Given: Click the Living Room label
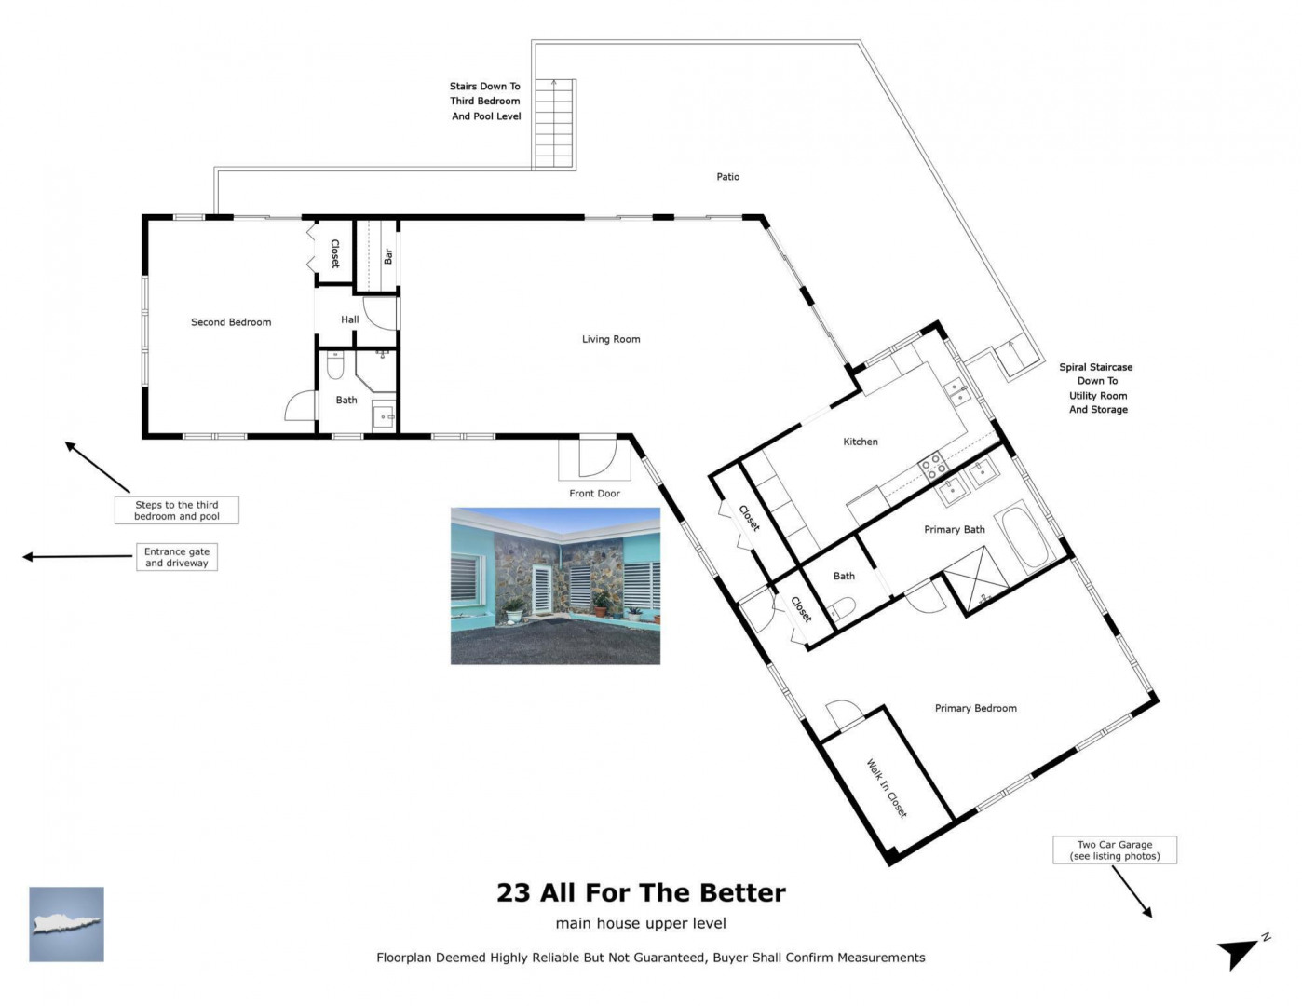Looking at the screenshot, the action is point(611,339).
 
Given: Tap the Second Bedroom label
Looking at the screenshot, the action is point(231,322).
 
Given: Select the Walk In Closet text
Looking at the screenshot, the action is point(887,789).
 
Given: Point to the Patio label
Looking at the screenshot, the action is point(728,177).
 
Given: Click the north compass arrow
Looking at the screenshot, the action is point(1239,951).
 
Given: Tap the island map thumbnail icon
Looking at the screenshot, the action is point(66,924).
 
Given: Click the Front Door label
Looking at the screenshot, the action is point(594,493).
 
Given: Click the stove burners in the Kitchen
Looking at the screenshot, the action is point(933,467).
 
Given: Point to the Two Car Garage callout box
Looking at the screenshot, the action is point(1115,850).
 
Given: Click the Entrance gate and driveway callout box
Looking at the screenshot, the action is point(177,557).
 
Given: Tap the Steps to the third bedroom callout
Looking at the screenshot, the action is point(177,510).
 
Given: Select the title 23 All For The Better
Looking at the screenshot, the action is point(641,892).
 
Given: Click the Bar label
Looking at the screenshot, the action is point(388,256).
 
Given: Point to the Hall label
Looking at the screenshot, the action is point(350,319).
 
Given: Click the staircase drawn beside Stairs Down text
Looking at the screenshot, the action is point(554,124).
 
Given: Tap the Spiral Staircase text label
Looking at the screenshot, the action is point(1096,388).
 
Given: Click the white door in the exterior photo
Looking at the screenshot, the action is point(541,589).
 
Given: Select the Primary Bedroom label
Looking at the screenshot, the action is point(975,708).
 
